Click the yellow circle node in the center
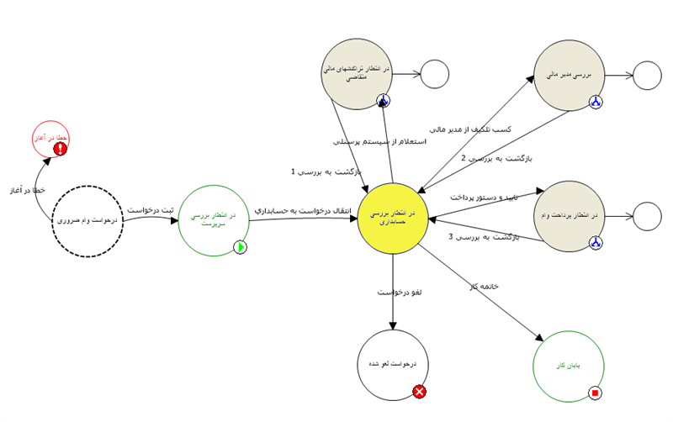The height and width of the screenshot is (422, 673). pos(393,219)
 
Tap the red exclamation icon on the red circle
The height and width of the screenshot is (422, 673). pos(61,149)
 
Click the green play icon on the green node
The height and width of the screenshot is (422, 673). pos(240,247)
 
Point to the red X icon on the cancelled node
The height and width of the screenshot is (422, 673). pos(419,391)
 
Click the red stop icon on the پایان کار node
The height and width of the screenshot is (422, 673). pos(596,393)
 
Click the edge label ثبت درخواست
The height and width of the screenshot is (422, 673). pos(150,209)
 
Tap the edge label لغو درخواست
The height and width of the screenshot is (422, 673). pos(400,292)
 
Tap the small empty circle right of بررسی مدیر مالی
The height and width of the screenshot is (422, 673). pos(647,76)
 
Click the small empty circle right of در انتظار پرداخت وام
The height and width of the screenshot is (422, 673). pos(647,216)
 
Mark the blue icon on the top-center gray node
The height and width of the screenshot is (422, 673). pos(384,102)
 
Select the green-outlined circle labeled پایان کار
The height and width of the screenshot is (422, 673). pos(570,365)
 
